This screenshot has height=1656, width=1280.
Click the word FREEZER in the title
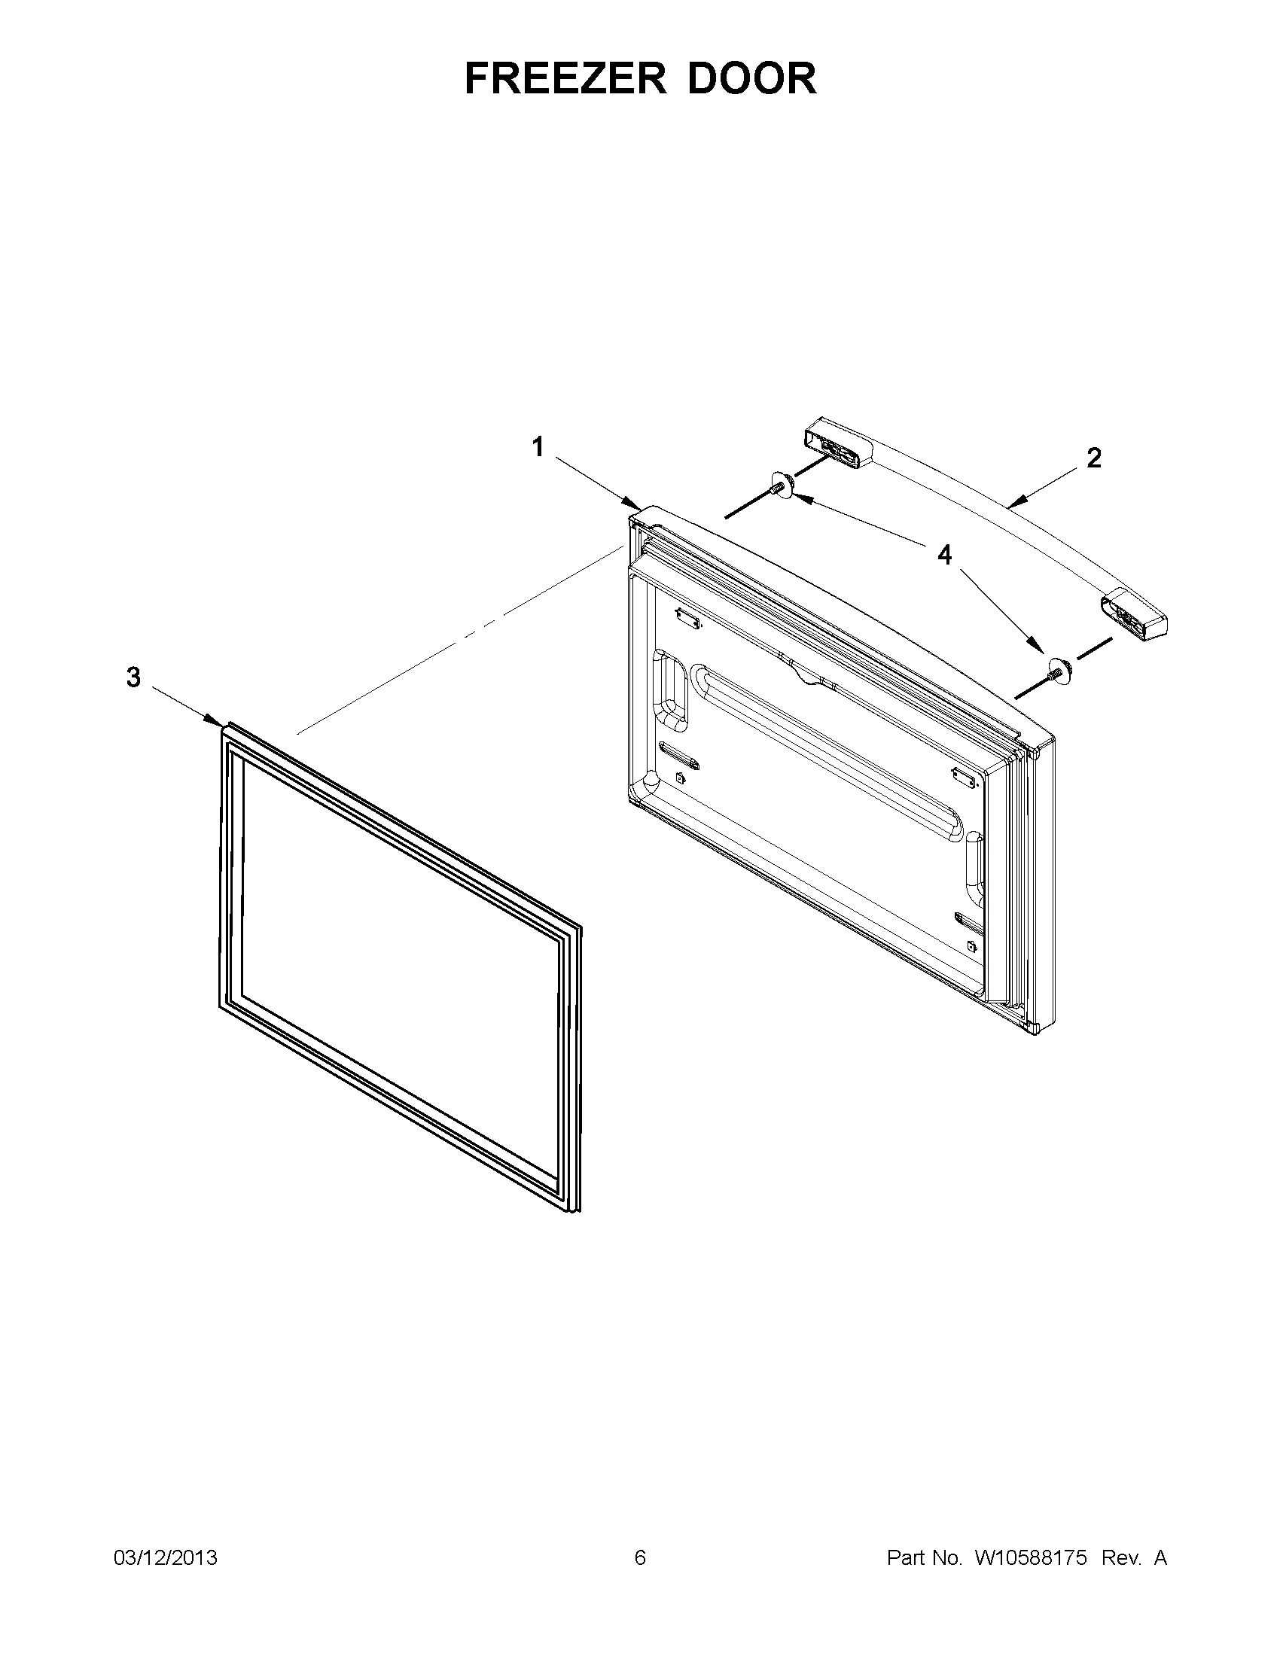[565, 78]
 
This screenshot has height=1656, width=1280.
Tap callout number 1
[538, 447]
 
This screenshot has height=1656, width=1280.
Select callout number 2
[1093, 457]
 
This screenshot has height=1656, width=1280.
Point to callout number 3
[133, 677]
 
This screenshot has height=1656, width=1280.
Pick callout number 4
[944, 555]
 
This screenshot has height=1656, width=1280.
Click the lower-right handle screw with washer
[1055, 668]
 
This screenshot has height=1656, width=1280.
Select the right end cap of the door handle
[1134, 614]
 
